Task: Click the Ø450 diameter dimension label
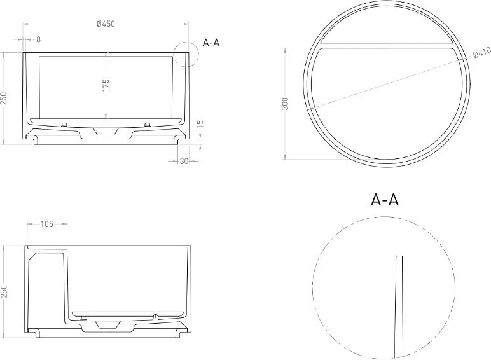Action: click(x=106, y=24)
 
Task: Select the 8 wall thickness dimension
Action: click(x=39, y=39)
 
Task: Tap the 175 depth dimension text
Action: click(x=106, y=85)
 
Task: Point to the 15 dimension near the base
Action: click(x=201, y=123)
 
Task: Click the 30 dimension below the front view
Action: click(x=184, y=161)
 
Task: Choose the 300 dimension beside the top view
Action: click(x=286, y=104)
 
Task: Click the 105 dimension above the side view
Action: click(x=47, y=224)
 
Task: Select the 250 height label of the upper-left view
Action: click(x=4, y=99)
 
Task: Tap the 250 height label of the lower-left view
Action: click(x=4, y=292)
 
